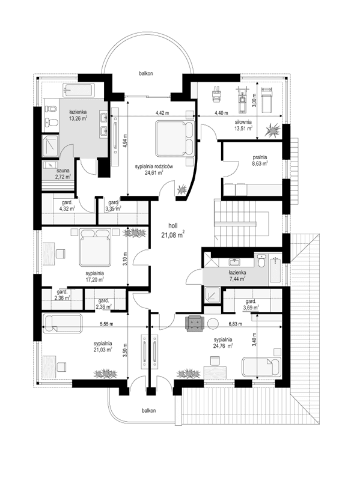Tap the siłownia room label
point(243,124)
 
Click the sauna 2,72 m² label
point(49,175)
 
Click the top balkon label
point(146,73)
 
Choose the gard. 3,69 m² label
point(251,305)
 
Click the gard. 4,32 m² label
point(67,206)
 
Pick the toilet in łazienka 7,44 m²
point(261,263)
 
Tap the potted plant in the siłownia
point(273,129)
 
